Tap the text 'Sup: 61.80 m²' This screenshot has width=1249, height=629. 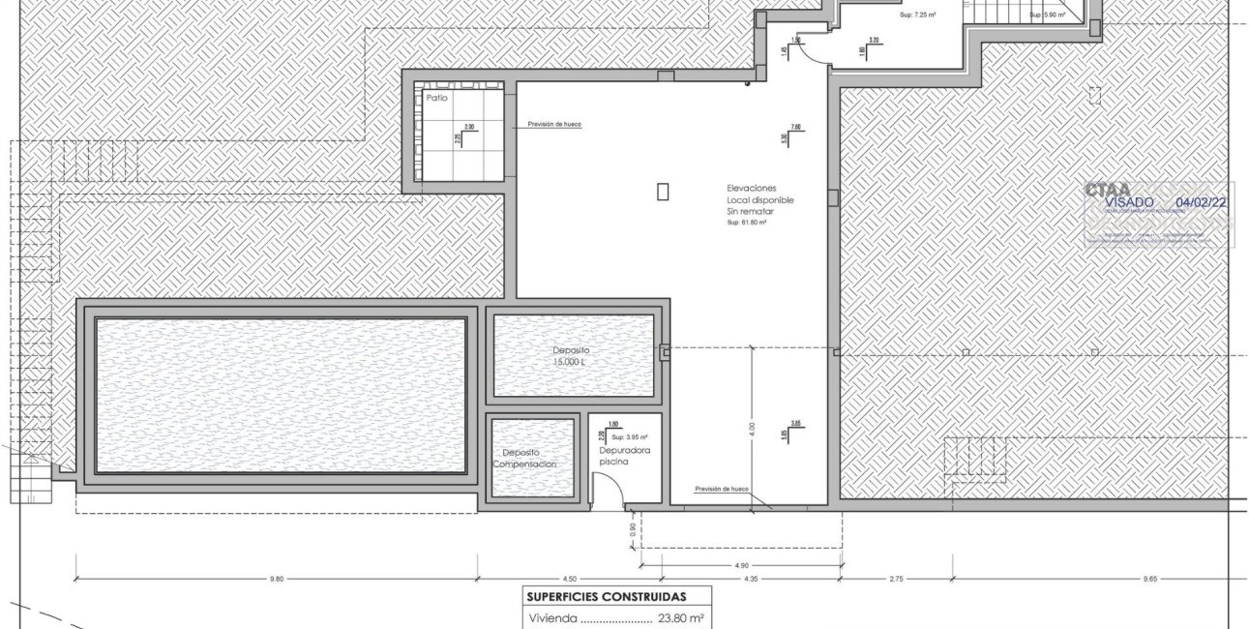tap(746, 223)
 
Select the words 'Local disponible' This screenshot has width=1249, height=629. tap(759, 199)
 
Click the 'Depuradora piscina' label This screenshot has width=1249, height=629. tap(623, 457)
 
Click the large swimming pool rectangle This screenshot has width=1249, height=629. tap(281, 395)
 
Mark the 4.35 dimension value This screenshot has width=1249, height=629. tap(750, 580)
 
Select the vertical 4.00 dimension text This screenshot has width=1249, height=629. tap(752, 429)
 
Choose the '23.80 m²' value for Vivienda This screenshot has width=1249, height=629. tap(681, 618)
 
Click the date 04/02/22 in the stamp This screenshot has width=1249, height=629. tap(1200, 203)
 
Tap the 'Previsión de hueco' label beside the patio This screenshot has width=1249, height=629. tap(554, 125)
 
